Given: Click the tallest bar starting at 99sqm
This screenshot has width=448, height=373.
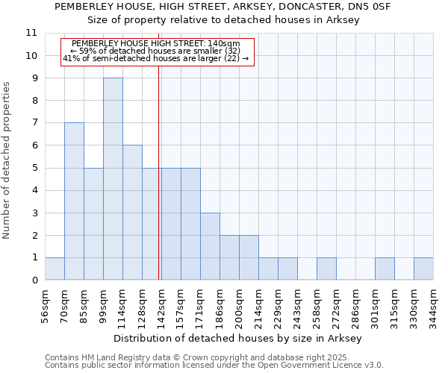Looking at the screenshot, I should click(113, 179).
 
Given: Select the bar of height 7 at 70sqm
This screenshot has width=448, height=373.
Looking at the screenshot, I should click(74, 201).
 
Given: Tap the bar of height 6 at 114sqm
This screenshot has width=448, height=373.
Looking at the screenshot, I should click(132, 213).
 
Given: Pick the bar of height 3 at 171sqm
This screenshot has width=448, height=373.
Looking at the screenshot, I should click(210, 246).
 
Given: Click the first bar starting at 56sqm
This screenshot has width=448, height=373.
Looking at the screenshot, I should click(55, 269).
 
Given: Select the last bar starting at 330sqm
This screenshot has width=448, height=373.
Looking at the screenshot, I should click(423, 269).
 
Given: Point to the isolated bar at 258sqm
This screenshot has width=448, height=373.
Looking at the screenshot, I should click(326, 269).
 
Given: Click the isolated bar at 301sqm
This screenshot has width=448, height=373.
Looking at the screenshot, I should click(385, 269).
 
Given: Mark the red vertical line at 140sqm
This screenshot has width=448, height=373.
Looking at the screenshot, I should click(159, 157).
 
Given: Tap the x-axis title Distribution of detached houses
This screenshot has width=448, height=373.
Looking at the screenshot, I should click(239, 339).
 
